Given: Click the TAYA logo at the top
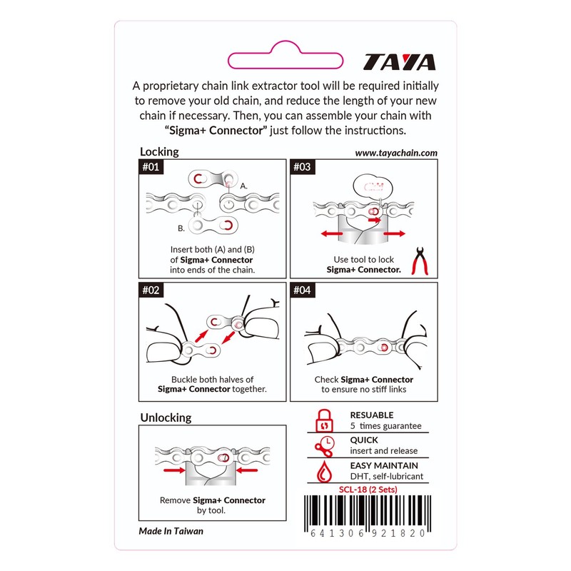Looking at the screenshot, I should coord(399,62).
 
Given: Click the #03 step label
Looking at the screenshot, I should coord(302,168).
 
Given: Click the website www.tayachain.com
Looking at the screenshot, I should coord(395,153).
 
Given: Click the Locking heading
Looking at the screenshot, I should coord(159,151).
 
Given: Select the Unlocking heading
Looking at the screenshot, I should coord(166,417).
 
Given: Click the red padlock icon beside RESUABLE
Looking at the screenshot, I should coord(325,420).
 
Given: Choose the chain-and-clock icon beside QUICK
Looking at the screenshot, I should coord(325,446).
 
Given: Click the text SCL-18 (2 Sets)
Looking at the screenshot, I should coord(368,489).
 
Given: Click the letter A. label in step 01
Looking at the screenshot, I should coord(244,186).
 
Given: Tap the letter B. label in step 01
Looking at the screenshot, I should coord(181,228).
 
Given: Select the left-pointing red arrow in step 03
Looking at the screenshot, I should coord(332,233).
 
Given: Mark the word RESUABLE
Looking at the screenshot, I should coord(371,415).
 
